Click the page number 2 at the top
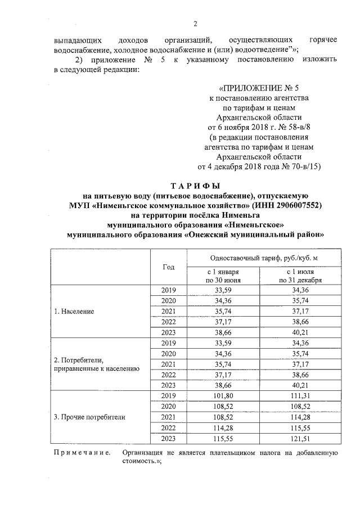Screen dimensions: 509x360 click(195, 24)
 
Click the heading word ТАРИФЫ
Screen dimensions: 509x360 click(195, 186)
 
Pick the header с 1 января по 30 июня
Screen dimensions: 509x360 click(223, 276)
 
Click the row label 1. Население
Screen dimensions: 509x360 click(74, 310)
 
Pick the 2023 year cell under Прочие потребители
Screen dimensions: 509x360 click(168, 438)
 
